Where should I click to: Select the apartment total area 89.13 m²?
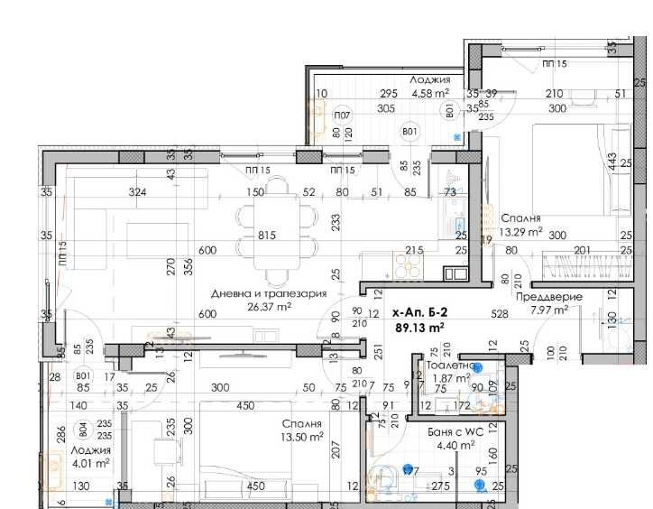419,328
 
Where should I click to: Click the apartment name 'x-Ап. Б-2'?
419,313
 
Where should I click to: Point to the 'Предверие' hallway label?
548,296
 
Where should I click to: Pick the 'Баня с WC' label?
455,432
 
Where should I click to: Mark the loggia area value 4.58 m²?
430,92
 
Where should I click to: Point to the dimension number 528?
501,314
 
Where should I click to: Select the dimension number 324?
112,192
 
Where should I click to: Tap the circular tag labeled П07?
342,116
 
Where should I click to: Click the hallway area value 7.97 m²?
548,310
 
